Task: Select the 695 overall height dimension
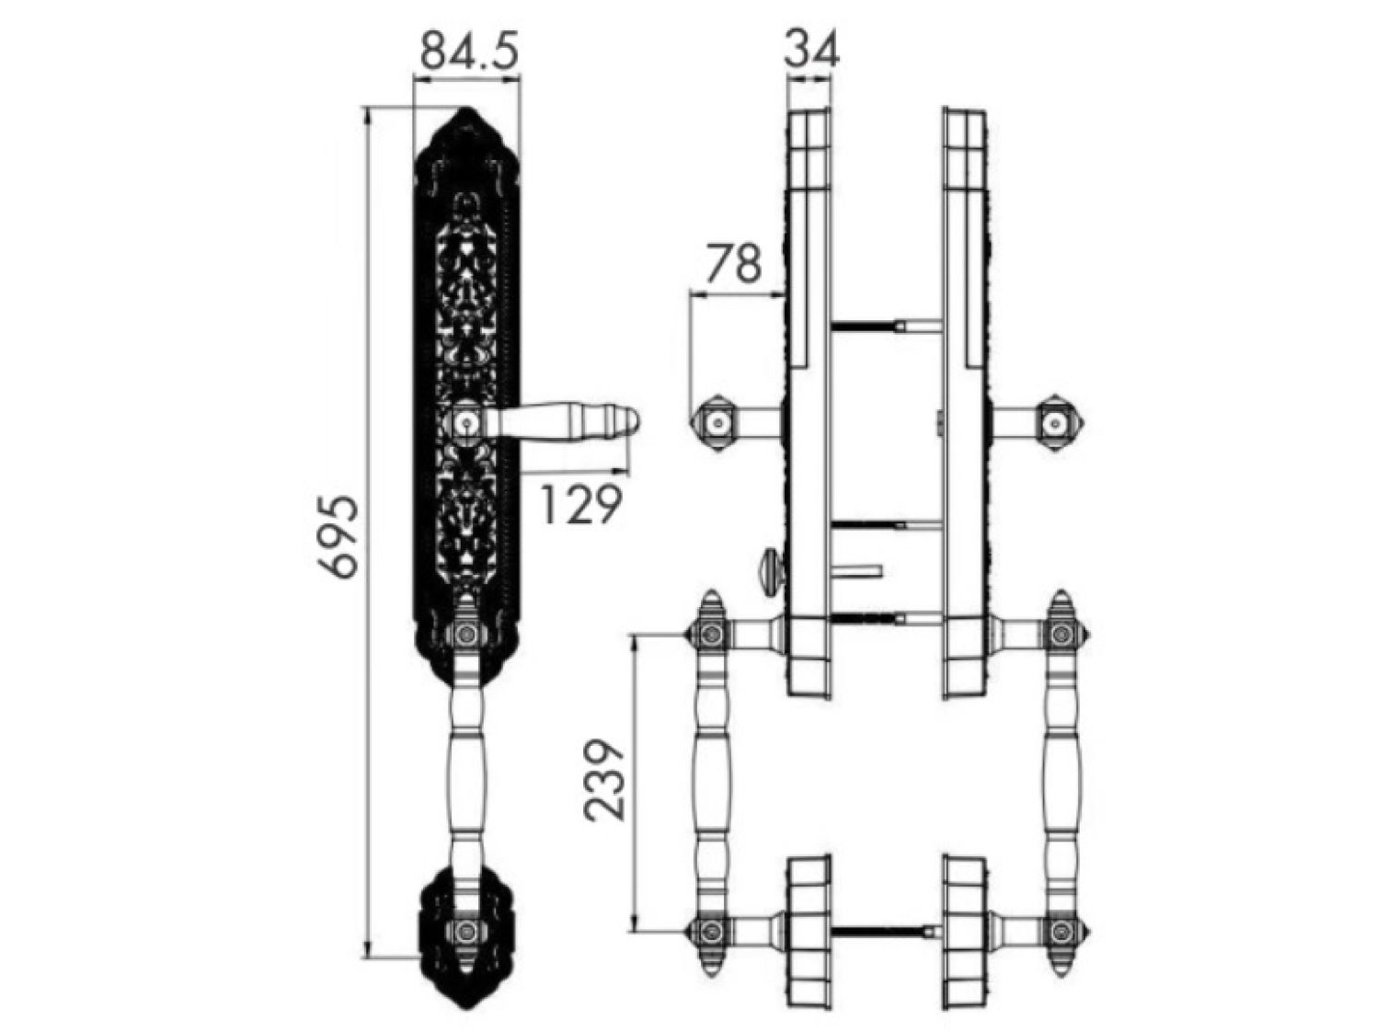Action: (x=338, y=536)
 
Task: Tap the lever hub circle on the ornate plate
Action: (x=467, y=423)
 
